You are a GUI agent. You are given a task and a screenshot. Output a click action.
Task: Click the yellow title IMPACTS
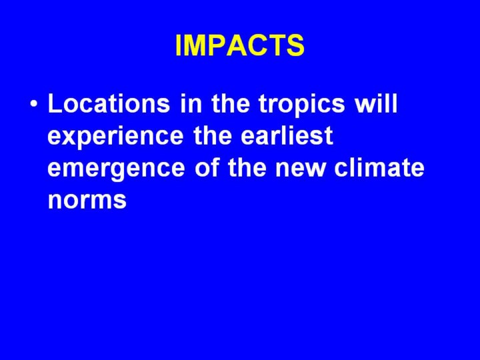pos(240,45)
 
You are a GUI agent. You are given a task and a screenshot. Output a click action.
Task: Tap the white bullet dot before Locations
pos(34,103)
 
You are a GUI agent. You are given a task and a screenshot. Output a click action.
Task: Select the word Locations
pos(109,103)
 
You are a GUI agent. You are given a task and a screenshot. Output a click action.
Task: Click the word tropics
pos(301,106)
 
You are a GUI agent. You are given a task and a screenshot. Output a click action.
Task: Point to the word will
pos(376,103)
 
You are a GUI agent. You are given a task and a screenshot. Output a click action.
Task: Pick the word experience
pos(116,138)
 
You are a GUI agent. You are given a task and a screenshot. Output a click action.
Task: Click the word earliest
pos(287,135)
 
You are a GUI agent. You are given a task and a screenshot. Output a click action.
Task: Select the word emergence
pos(116,169)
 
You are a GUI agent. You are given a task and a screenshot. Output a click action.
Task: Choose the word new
pos(300,169)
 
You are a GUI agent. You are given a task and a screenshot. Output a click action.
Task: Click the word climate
pos(379,167)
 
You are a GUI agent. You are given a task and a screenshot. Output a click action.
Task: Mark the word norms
pos(87,201)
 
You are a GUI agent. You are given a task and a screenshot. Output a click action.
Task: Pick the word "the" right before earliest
pos(213,135)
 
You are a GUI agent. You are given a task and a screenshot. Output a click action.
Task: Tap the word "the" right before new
pos(247,167)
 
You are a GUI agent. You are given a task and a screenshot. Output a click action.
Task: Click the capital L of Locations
pos(55,104)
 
